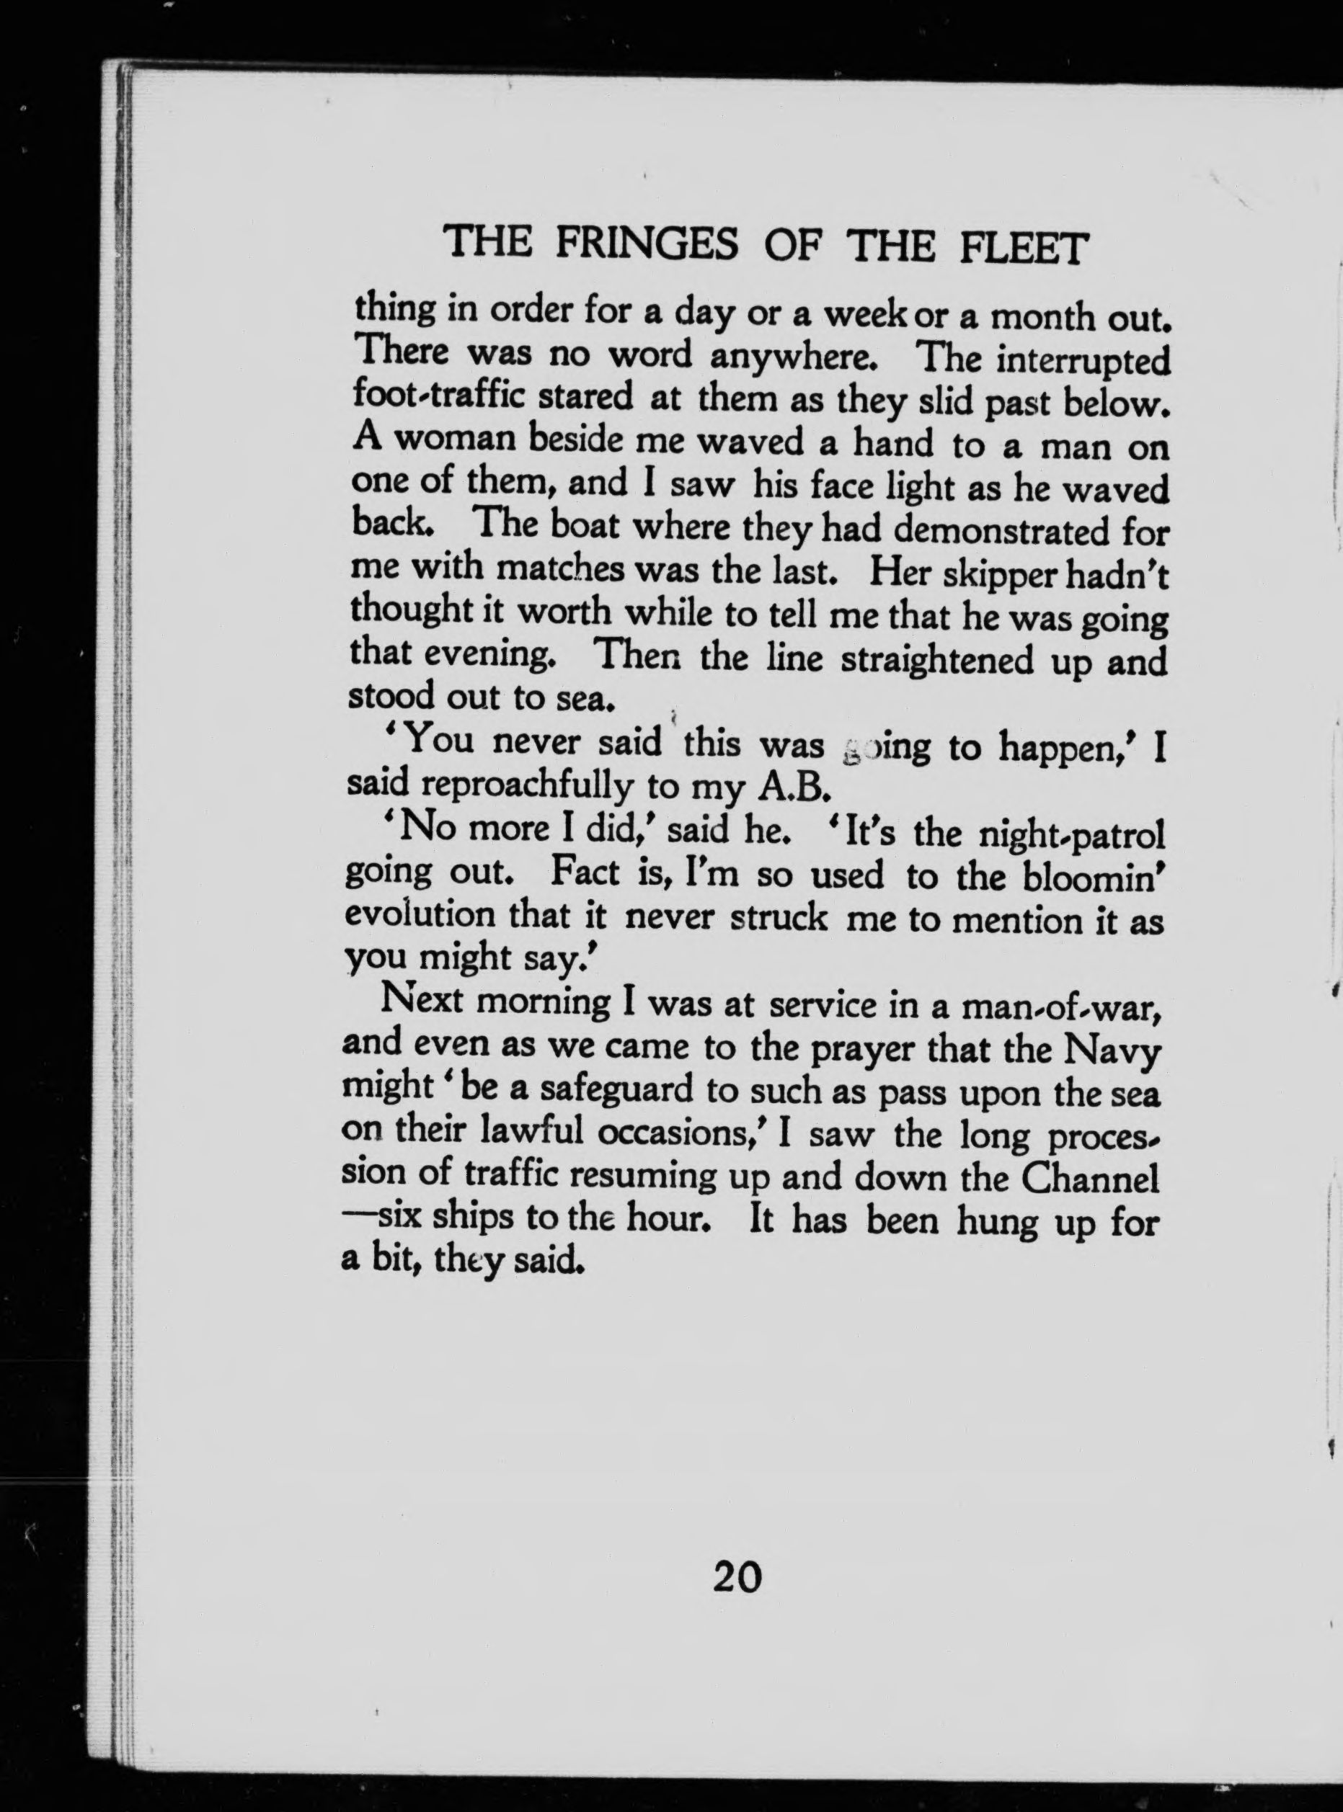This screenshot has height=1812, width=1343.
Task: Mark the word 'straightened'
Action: click(935, 661)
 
